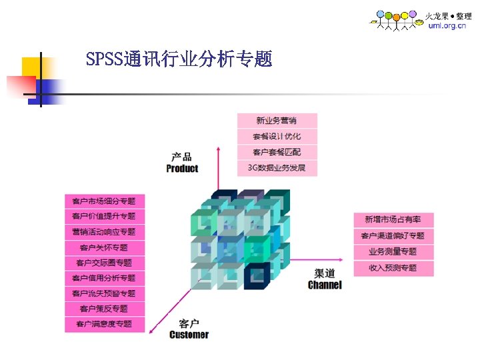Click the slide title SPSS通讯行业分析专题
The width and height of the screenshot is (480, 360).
pos(179,60)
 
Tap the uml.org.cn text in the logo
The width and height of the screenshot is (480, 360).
pos(447,26)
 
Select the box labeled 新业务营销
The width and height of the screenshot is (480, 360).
pos(277,121)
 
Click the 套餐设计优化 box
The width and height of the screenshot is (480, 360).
pos(277,137)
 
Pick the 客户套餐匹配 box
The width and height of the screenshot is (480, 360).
pos(277,152)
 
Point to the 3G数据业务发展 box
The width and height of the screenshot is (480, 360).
pos(277,168)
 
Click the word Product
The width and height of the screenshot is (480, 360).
pos(182,169)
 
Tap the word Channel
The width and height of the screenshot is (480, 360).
pos(325,285)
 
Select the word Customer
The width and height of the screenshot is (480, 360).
pos(189,335)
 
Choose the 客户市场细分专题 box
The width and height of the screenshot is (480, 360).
pos(104,201)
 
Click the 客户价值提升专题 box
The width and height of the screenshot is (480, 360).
pos(104,216)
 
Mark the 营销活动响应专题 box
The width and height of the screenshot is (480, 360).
pos(104,232)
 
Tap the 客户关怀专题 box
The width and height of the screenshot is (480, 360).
pos(104,247)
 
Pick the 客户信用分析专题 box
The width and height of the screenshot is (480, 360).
pos(104,278)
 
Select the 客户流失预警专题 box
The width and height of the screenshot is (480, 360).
pos(104,293)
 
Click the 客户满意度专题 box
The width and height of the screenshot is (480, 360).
pos(104,324)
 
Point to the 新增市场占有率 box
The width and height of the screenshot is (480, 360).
pos(393,219)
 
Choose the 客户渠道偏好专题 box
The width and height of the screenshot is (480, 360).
pos(393,236)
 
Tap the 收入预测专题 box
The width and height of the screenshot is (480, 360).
pos(393,268)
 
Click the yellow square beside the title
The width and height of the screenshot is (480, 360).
pos(31,67)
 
